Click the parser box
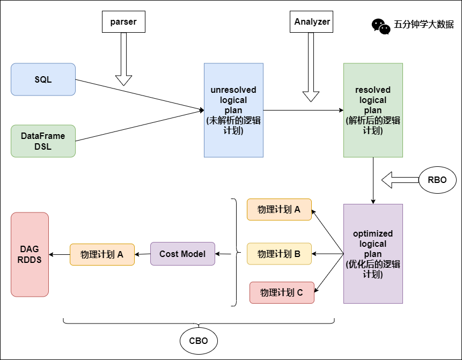pyautogui.click(x=123, y=21)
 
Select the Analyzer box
pyautogui.click(x=312, y=22)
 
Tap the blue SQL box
pyautogui.click(x=43, y=79)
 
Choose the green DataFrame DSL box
pyautogui.click(x=43, y=141)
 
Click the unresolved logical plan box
pyautogui.click(x=233, y=110)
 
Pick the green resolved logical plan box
pyautogui.click(x=373, y=110)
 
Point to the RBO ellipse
pyautogui.click(x=437, y=180)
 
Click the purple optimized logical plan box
pyautogui.click(x=373, y=254)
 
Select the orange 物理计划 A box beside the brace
pyautogui.click(x=279, y=209)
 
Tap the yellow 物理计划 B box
pyautogui.click(x=279, y=254)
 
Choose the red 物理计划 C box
pyautogui.click(x=282, y=292)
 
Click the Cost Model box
pyautogui.click(x=182, y=254)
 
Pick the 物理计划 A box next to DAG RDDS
pyautogui.click(x=102, y=254)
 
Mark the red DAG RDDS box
pyautogui.click(x=30, y=254)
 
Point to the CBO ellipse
pyautogui.click(x=199, y=341)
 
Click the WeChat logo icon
pyautogui.click(x=381, y=26)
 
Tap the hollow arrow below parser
pyautogui.click(x=124, y=59)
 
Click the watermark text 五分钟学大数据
pyautogui.click(x=424, y=24)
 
